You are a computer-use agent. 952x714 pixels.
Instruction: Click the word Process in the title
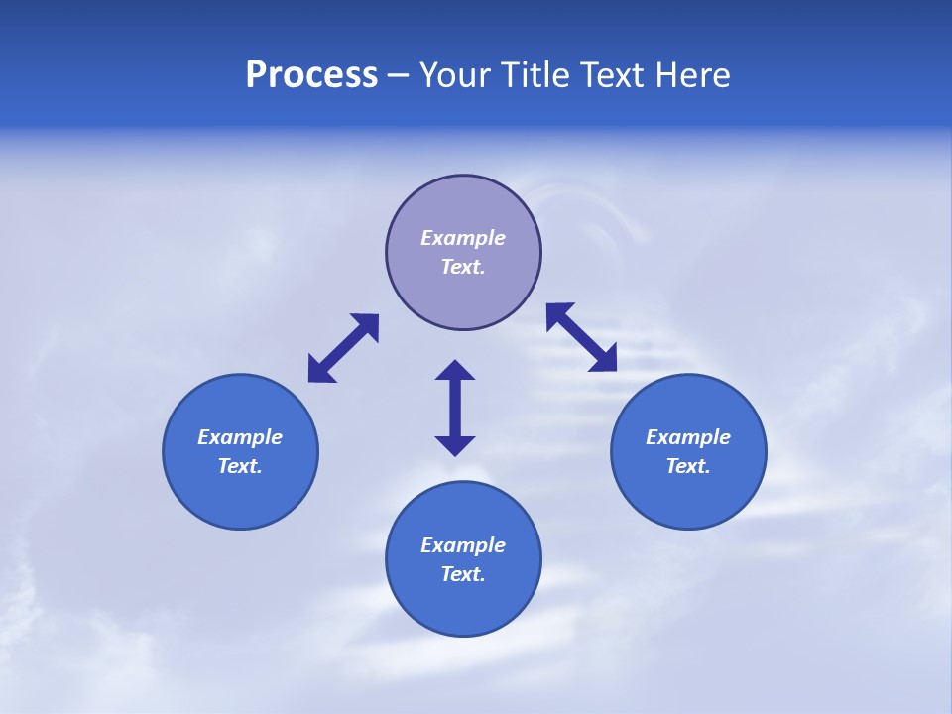tap(311, 75)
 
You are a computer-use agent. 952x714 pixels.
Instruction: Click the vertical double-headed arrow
tap(455, 408)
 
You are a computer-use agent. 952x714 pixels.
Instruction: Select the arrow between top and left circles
tap(343, 348)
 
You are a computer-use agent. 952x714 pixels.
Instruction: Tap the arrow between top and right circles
tap(582, 337)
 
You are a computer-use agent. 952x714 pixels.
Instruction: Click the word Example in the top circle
tap(463, 238)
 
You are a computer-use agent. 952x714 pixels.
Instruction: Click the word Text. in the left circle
tap(240, 466)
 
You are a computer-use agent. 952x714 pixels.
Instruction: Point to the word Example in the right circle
tap(688, 437)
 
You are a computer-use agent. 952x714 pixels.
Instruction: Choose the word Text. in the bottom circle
tap(463, 574)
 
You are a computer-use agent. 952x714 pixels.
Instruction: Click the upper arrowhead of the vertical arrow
tap(455, 371)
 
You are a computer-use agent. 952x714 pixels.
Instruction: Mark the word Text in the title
tap(612, 75)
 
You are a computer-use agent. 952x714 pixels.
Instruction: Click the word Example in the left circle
tap(240, 437)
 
